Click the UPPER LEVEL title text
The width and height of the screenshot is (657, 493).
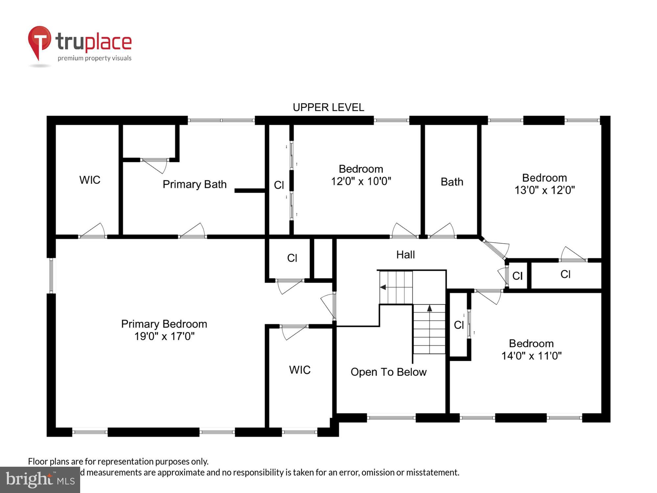click(x=328, y=107)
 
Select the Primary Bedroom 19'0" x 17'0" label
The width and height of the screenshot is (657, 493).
click(x=164, y=330)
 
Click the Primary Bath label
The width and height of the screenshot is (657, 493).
click(x=194, y=184)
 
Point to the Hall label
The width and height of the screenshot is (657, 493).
click(x=405, y=254)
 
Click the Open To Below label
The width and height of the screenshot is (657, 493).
click(x=388, y=372)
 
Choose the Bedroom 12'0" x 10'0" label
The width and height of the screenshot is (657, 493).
click(x=361, y=175)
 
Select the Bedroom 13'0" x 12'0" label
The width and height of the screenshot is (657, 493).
click(x=544, y=184)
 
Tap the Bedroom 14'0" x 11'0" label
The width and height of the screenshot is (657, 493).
click(x=531, y=349)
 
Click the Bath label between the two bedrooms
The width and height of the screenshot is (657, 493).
click(x=452, y=182)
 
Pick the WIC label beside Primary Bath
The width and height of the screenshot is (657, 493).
click(x=90, y=180)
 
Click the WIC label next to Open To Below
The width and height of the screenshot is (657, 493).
click(x=300, y=370)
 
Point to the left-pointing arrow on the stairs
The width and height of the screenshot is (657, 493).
click(x=383, y=287)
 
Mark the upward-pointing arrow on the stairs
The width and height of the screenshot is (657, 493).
click(x=429, y=308)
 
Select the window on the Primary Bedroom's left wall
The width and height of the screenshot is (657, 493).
click(x=51, y=275)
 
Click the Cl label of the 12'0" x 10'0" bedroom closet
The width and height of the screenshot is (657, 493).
click(x=279, y=185)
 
